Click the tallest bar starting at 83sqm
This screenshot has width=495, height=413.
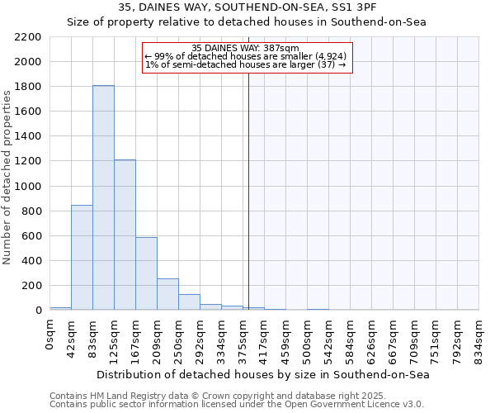click(103, 198)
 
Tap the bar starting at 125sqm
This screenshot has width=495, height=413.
click(125, 235)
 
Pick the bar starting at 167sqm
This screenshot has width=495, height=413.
click(146, 273)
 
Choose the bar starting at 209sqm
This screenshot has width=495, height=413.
click(167, 294)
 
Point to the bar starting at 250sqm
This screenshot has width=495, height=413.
click(189, 302)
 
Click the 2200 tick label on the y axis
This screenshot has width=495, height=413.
click(29, 37)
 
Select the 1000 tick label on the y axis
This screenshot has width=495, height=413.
click(29, 187)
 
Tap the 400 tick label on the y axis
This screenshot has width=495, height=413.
click(32, 261)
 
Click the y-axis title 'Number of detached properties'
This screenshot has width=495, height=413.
click(8, 173)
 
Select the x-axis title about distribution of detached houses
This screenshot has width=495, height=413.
click(264, 374)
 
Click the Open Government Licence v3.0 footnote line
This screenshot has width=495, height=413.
click(237, 404)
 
